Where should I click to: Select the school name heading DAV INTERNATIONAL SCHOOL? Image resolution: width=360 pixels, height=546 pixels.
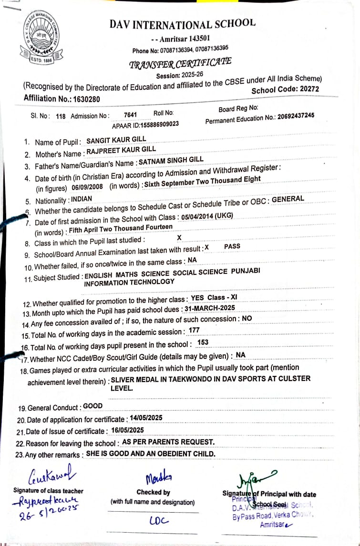[182, 24]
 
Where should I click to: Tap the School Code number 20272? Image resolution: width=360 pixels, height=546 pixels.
[308, 89]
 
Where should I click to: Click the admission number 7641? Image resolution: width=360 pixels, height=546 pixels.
[130, 115]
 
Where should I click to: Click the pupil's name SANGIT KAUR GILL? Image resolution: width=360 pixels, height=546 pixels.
[116, 141]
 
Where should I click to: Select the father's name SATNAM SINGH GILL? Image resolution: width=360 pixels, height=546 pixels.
[171, 161]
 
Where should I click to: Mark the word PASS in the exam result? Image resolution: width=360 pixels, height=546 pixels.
[232, 246]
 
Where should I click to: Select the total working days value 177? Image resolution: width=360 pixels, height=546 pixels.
[194, 330]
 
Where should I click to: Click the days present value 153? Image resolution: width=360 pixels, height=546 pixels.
[203, 342]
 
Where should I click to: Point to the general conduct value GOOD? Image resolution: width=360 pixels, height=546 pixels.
[93, 406]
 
